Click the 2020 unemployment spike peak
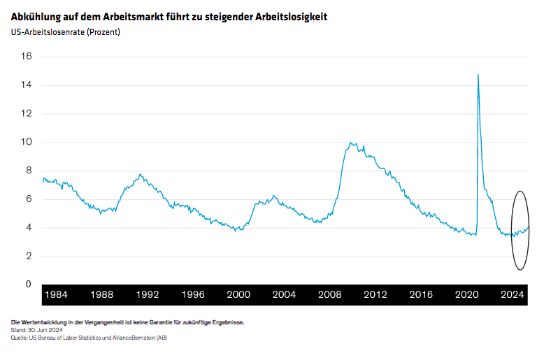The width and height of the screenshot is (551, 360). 478,74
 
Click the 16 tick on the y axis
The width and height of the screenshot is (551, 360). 27,57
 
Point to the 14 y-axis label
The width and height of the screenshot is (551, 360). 27,85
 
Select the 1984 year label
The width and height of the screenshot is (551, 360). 57,295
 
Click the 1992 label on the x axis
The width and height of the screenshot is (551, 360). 148,295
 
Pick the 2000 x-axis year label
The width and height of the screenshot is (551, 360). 238,295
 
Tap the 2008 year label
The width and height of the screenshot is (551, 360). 329,295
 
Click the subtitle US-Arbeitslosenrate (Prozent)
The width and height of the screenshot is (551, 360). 66,31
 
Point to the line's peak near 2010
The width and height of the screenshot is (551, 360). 351,143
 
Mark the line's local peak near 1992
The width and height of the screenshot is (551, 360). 141,174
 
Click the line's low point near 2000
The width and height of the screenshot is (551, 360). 236,230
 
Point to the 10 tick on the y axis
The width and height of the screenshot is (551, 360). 27,142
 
